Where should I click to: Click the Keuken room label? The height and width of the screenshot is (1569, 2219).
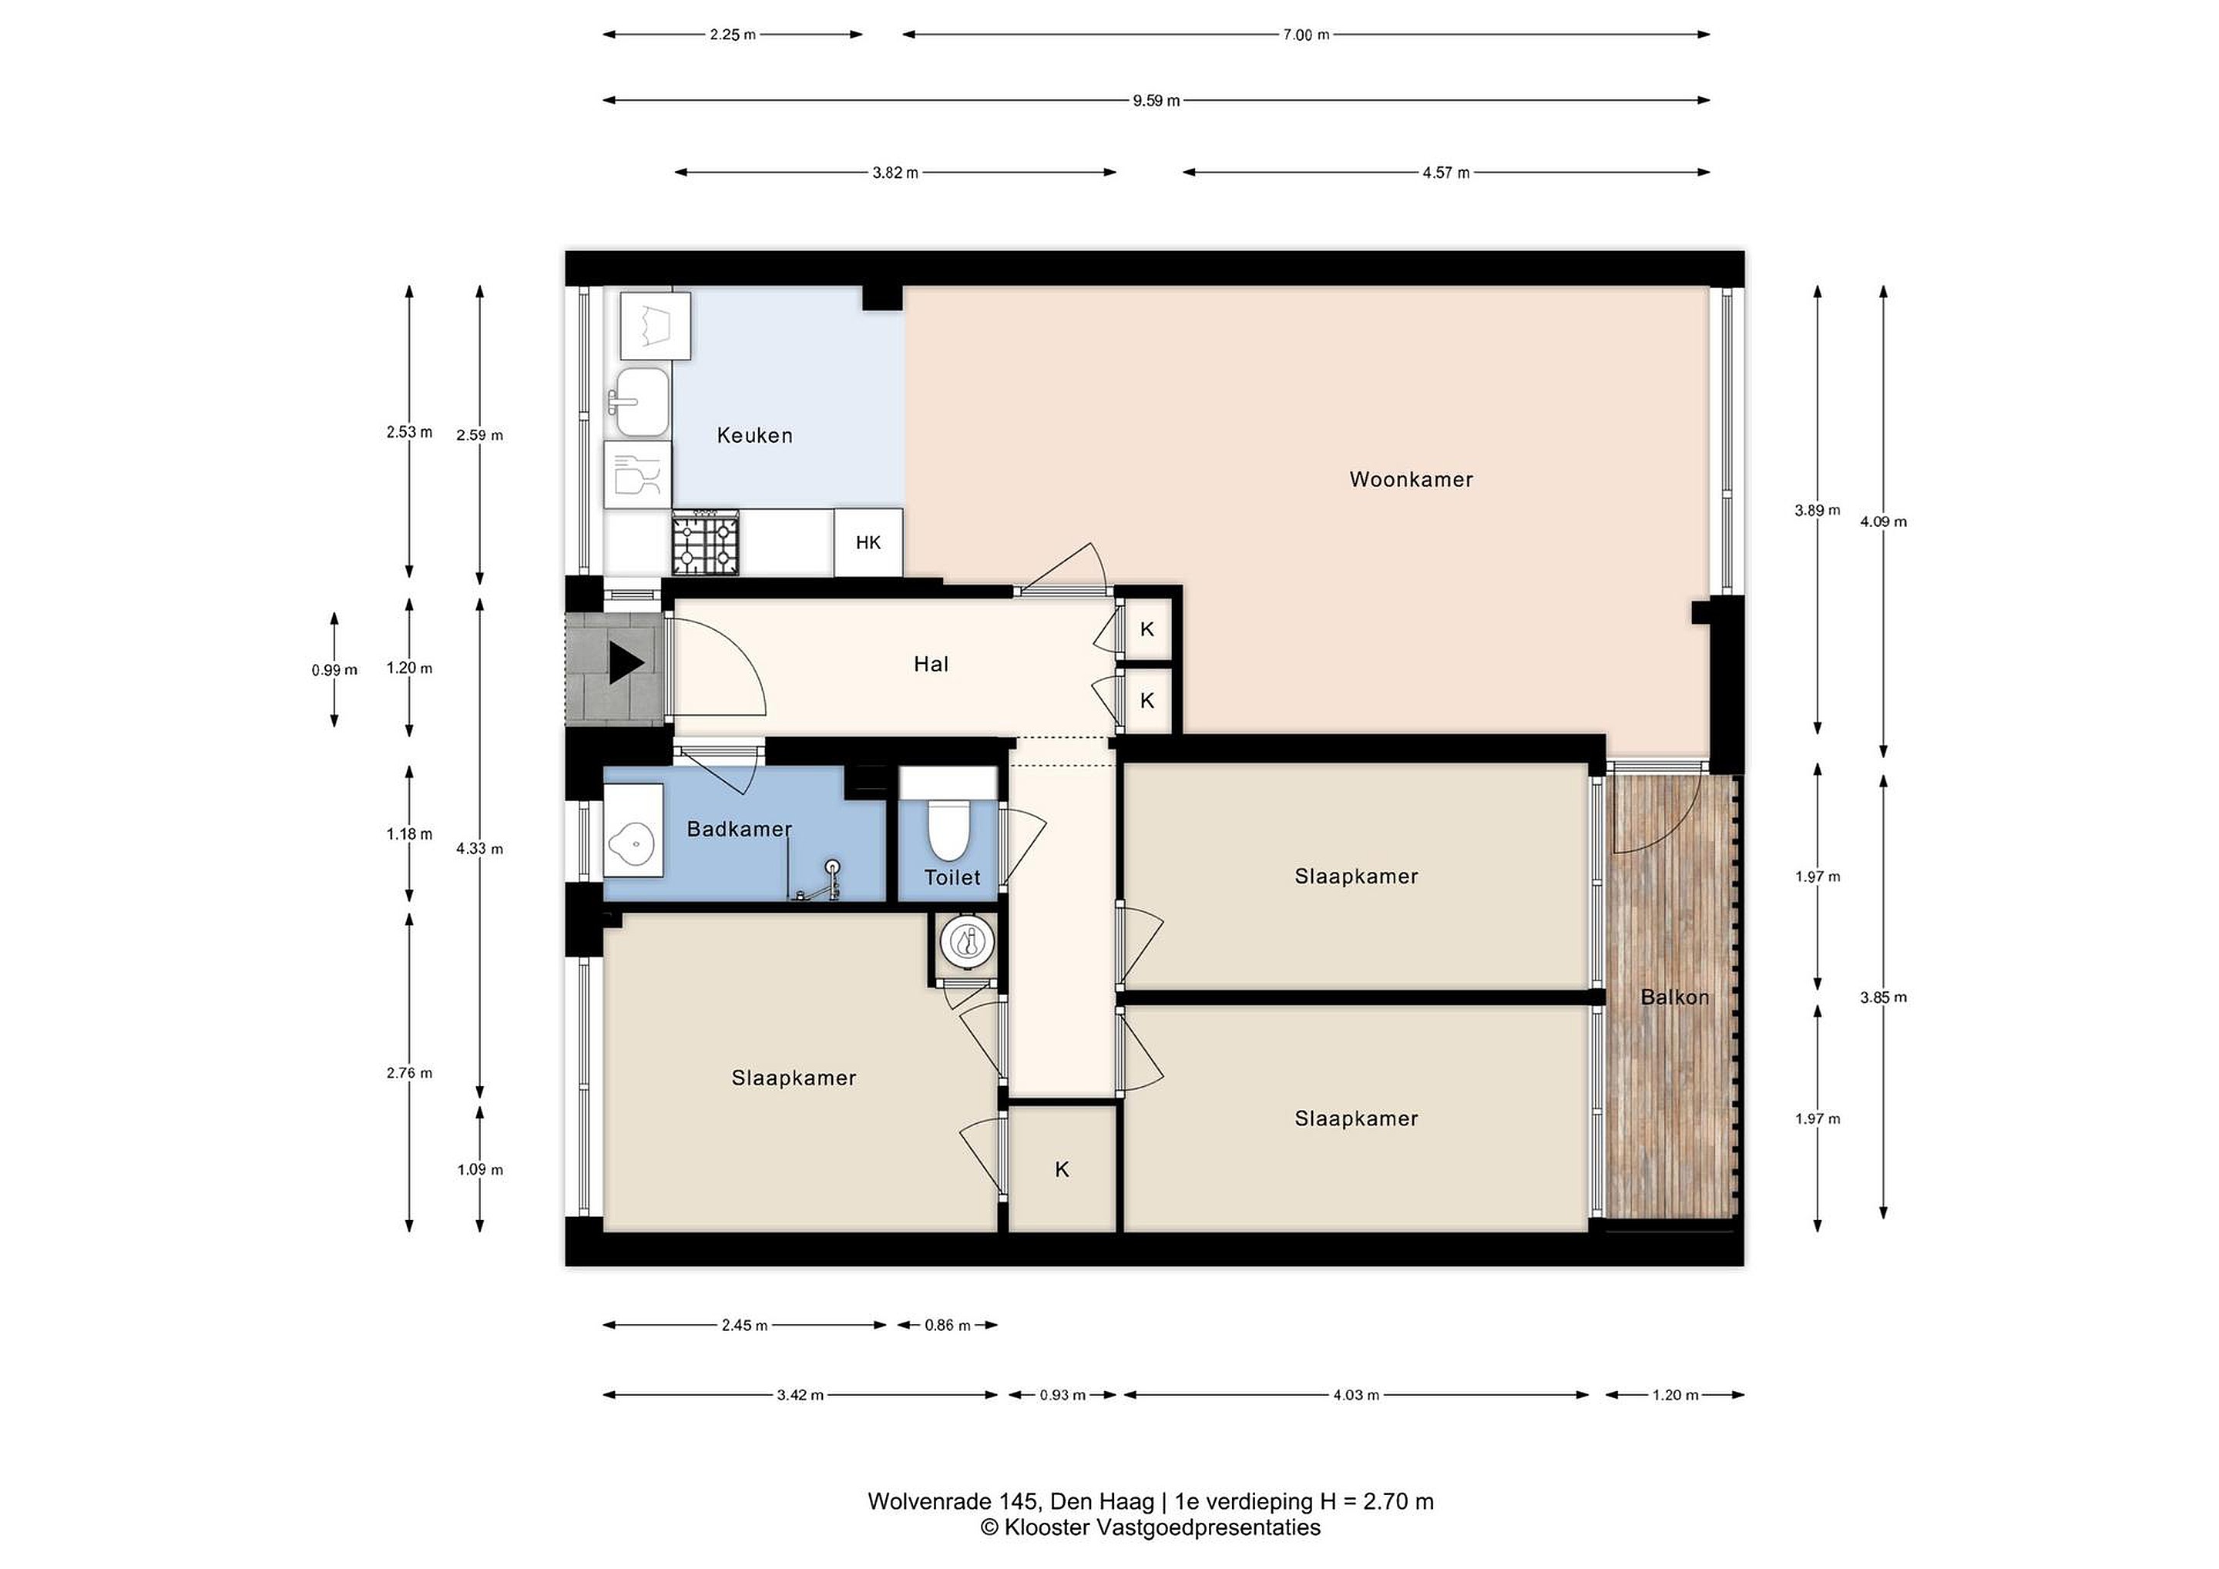[x=755, y=436]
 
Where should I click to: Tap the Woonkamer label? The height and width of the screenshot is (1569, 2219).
[x=1411, y=479]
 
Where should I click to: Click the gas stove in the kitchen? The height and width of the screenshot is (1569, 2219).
[x=706, y=543]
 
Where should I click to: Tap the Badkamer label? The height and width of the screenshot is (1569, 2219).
[x=740, y=829]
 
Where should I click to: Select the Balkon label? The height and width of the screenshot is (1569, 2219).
[x=1675, y=997]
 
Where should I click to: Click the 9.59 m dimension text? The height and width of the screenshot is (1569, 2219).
[x=1156, y=100]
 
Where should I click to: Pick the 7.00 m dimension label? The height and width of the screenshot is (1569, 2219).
[x=1306, y=35]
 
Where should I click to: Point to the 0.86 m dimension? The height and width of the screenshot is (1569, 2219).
[x=947, y=1325]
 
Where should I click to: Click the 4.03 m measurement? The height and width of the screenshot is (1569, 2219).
[x=1356, y=1394]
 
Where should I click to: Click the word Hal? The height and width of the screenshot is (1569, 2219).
[x=932, y=665]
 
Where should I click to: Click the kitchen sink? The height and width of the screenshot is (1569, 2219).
[x=642, y=401]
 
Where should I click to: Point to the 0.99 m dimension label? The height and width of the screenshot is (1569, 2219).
[x=334, y=669]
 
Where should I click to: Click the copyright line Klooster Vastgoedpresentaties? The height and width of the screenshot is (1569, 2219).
[x=1150, y=1527]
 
